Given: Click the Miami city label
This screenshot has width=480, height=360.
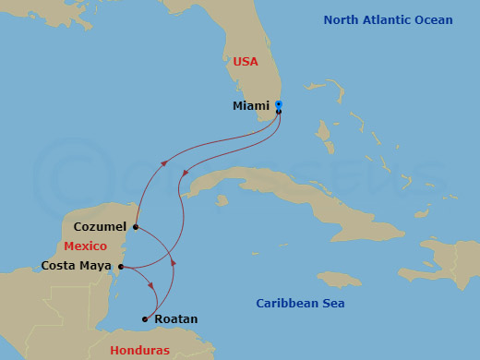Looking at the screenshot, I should (x=251, y=106).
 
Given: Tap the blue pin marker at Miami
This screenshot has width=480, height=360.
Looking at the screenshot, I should (x=279, y=105).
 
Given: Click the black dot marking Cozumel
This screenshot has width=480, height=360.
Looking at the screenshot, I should (x=136, y=226).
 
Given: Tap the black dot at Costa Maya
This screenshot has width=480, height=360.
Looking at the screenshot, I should (x=121, y=267).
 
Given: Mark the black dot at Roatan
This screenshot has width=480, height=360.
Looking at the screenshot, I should (x=144, y=319).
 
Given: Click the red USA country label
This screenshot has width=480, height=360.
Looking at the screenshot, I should (x=246, y=62).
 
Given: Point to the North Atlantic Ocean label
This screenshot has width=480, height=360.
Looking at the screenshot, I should (x=389, y=20).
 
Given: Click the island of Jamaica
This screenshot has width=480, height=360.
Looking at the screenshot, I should (x=340, y=279).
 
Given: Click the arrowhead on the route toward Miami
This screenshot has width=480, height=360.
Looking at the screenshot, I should (x=165, y=162).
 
